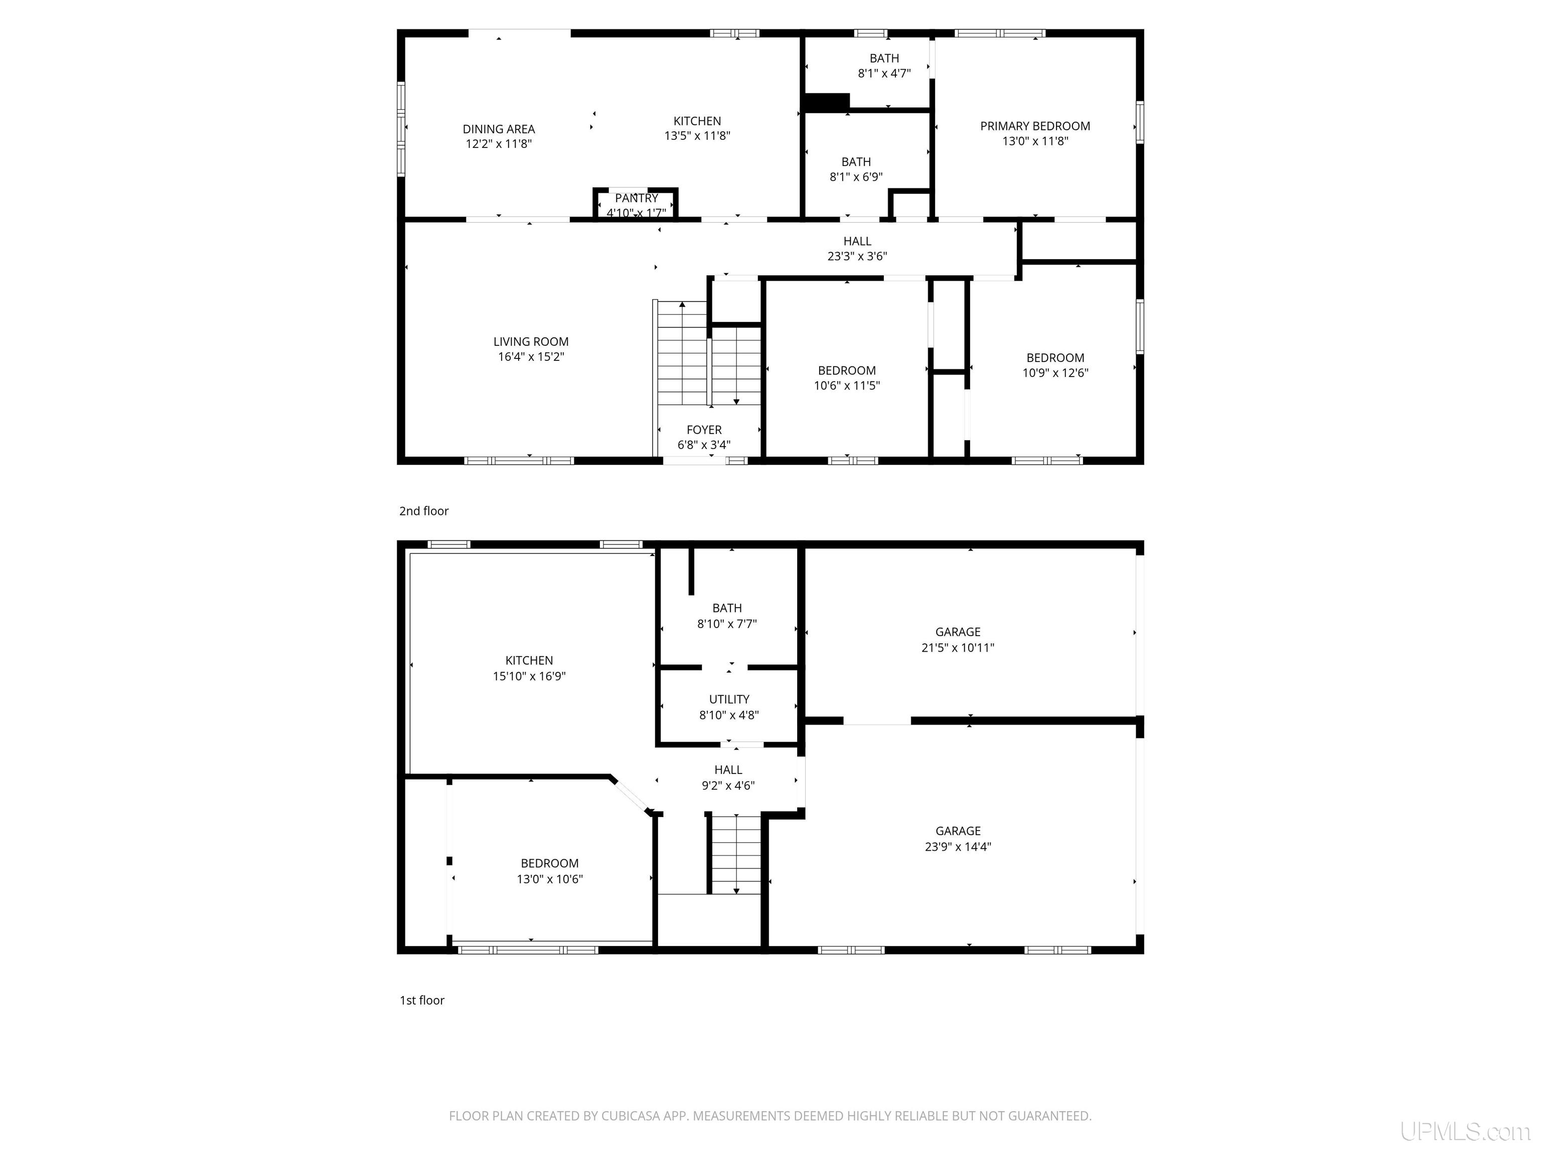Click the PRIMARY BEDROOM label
pyautogui.click(x=1035, y=126)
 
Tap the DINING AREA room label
pyautogui.click(x=499, y=129)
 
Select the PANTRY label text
pyautogui.click(x=637, y=199)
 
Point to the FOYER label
pyautogui.click(x=704, y=430)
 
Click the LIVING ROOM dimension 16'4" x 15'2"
pyautogui.click(x=531, y=357)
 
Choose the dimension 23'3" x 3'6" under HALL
pyautogui.click(x=857, y=256)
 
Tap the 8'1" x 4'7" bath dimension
pyautogui.click(x=884, y=73)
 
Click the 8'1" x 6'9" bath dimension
pyautogui.click(x=856, y=177)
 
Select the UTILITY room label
pyautogui.click(x=729, y=699)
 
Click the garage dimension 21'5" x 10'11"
pyautogui.click(x=958, y=648)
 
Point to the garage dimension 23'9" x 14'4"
pyautogui.click(x=958, y=847)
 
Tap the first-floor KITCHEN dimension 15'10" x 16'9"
pyautogui.click(x=529, y=676)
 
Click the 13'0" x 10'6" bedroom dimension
pyautogui.click(x=550, y=879)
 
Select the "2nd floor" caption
pyautogui.click(x=423, y=511)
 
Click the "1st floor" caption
pyautogui.click(x=421, y=1001)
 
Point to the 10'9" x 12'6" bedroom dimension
pyautogui.click(x=1055, y=373)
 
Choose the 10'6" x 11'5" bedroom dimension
pyautogui.click(x=847, y=386)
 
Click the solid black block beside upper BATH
pyautogui.click(x=826, y=102)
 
